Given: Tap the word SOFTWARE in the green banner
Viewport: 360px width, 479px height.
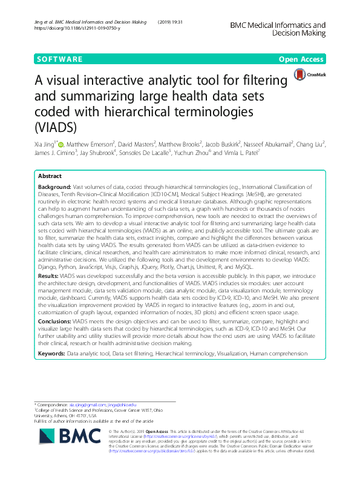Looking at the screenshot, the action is [x=59, y=59].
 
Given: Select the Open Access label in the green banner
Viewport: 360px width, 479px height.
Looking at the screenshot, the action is [x=302, y=59].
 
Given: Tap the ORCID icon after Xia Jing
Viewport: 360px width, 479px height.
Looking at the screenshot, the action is [x=61, y=145].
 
